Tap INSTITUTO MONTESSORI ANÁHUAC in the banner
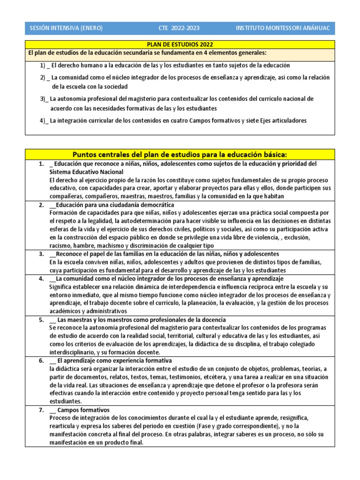(283, 28)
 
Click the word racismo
(60, 246)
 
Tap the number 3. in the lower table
(41, 254)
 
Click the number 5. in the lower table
(41, 320)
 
